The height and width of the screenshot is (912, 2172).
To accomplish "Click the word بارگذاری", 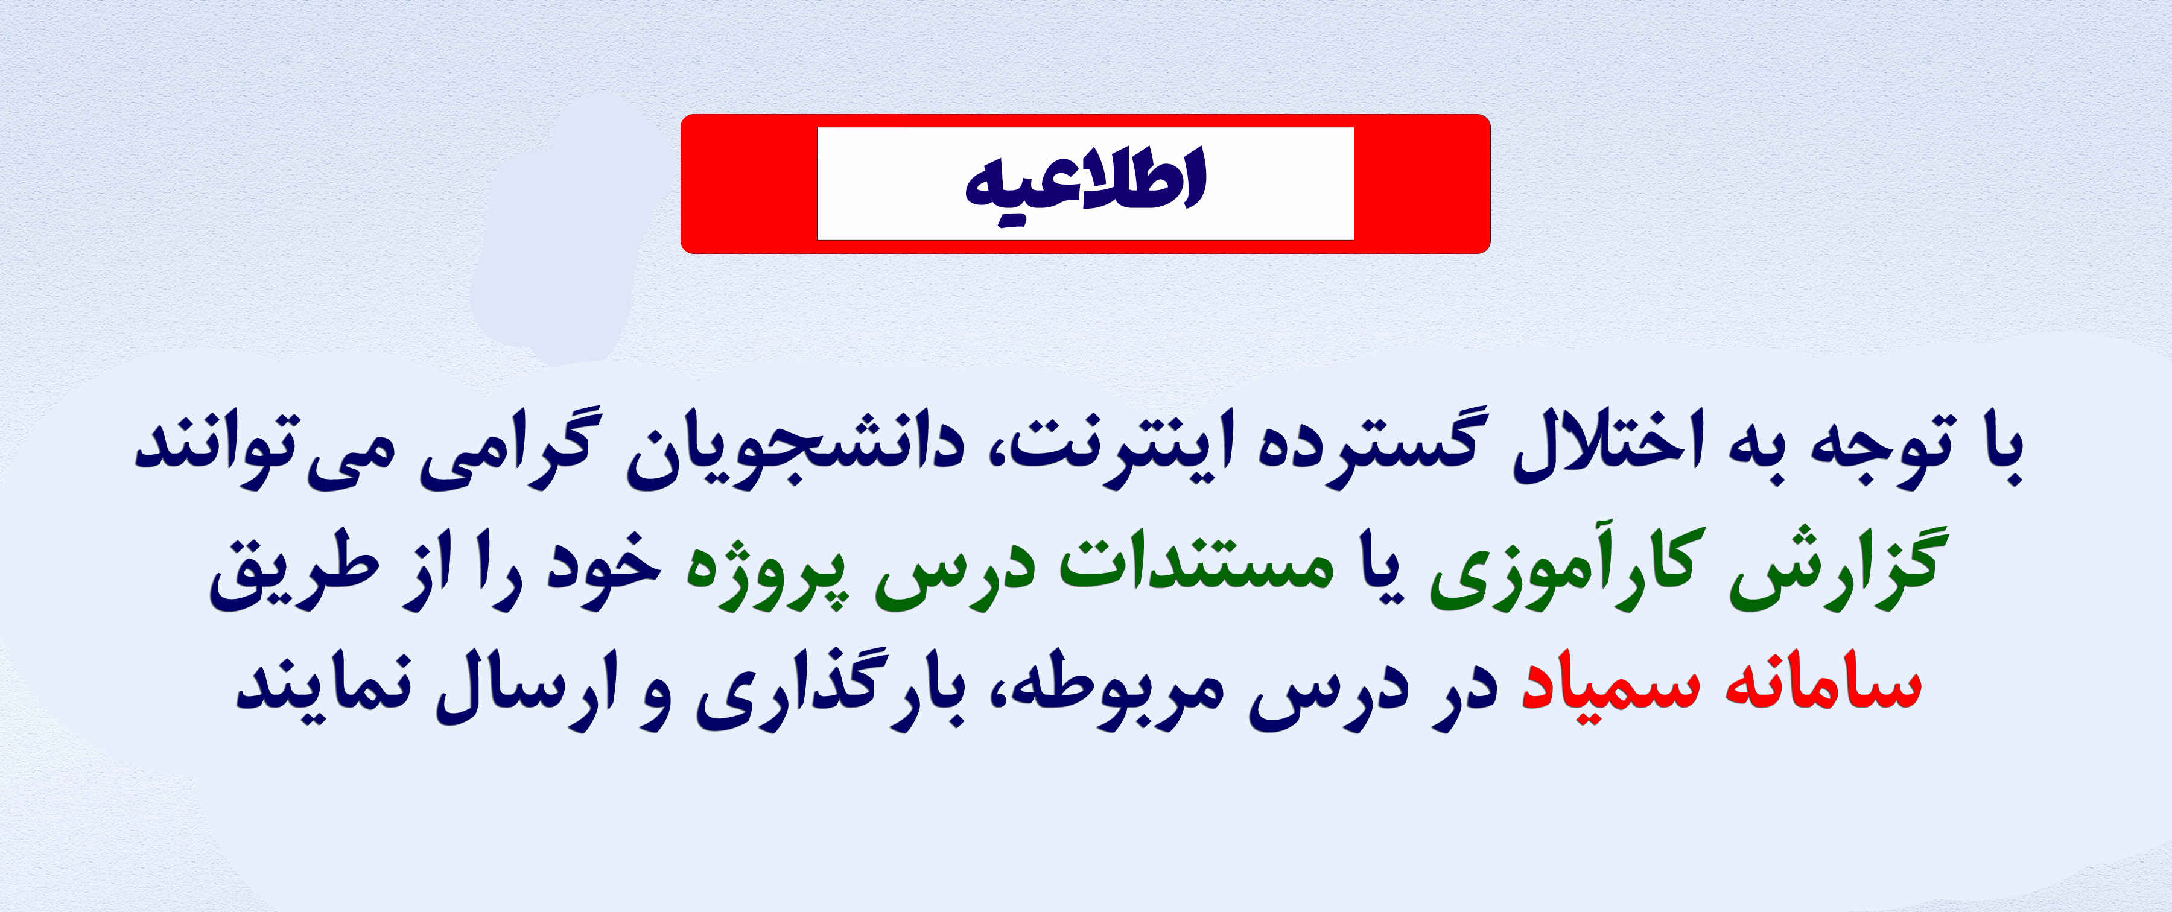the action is point(831,688).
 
